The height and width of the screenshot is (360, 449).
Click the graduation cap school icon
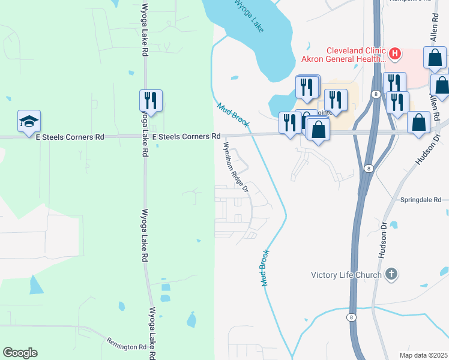(29, 121)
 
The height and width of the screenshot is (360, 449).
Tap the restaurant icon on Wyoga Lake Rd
(151, 100)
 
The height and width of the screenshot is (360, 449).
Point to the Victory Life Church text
(346, 275)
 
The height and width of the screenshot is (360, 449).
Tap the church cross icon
(391, 275)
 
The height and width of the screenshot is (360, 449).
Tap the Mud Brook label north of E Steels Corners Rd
(232, 114)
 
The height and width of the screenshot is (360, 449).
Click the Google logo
(20, 353)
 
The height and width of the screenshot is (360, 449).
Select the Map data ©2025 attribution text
(423, 355)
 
